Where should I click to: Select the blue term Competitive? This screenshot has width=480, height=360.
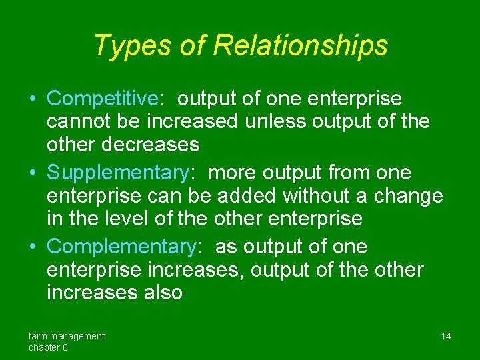pyautogui.click(x=102, y=99)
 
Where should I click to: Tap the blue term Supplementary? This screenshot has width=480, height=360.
pyautogui.click(x=118, y=173)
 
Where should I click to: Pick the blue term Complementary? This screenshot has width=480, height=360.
pyautogui.click(x=122, y=247)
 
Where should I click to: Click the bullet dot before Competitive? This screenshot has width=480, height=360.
pyautogui.click(x=33, y=99)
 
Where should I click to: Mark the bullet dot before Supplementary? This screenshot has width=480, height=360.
pyautogui.click(x=33, y=173)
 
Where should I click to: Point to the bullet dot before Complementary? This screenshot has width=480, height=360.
pyautogui.click(x=33, y=247)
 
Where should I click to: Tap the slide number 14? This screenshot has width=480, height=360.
pyautogui.click(x=446, y=336)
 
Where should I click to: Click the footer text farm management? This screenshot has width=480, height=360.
pyautogui.click(x=66, y=336)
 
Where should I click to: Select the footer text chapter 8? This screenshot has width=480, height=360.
pyautogui.click(x=48, y=347)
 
